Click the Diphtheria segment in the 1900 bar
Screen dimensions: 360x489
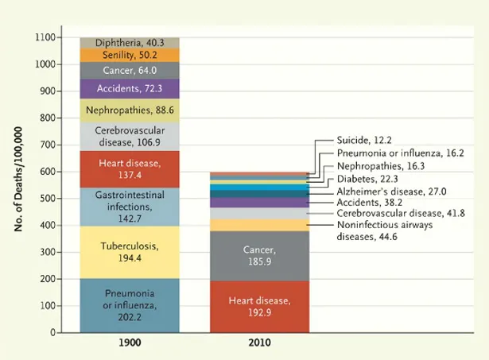(130, 42)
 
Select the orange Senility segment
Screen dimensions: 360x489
(130, 56)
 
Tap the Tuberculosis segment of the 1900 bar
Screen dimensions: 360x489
(130, 251)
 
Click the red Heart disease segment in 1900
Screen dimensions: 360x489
(130, 168)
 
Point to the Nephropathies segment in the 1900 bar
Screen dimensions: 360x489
(130, 110)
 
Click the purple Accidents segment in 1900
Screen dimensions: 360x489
(130, 88)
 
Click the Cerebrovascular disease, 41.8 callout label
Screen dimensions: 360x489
(400, 214)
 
